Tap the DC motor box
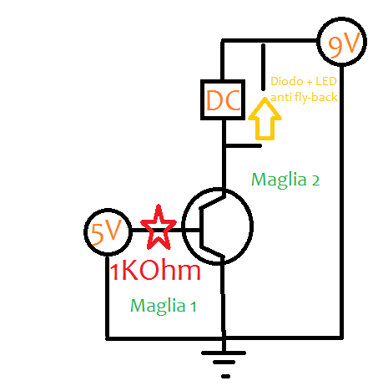[x=223, y=100]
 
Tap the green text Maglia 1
[x=164, y=306]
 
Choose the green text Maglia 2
[x=286, y=179]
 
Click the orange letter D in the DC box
[x=214, y=100]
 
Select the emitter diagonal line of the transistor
[x=215, y=247]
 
